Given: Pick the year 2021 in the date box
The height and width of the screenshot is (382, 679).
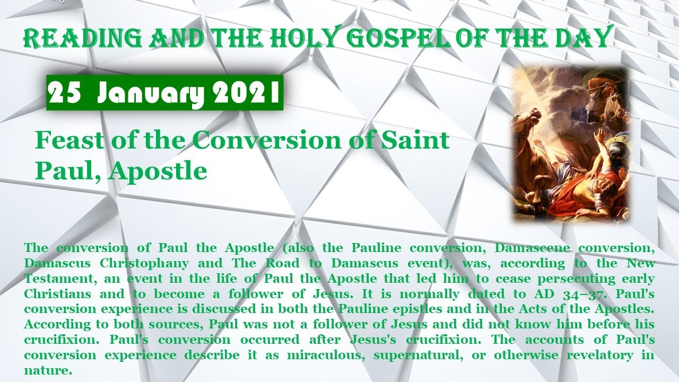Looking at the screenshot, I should click(x=244, y=94).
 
